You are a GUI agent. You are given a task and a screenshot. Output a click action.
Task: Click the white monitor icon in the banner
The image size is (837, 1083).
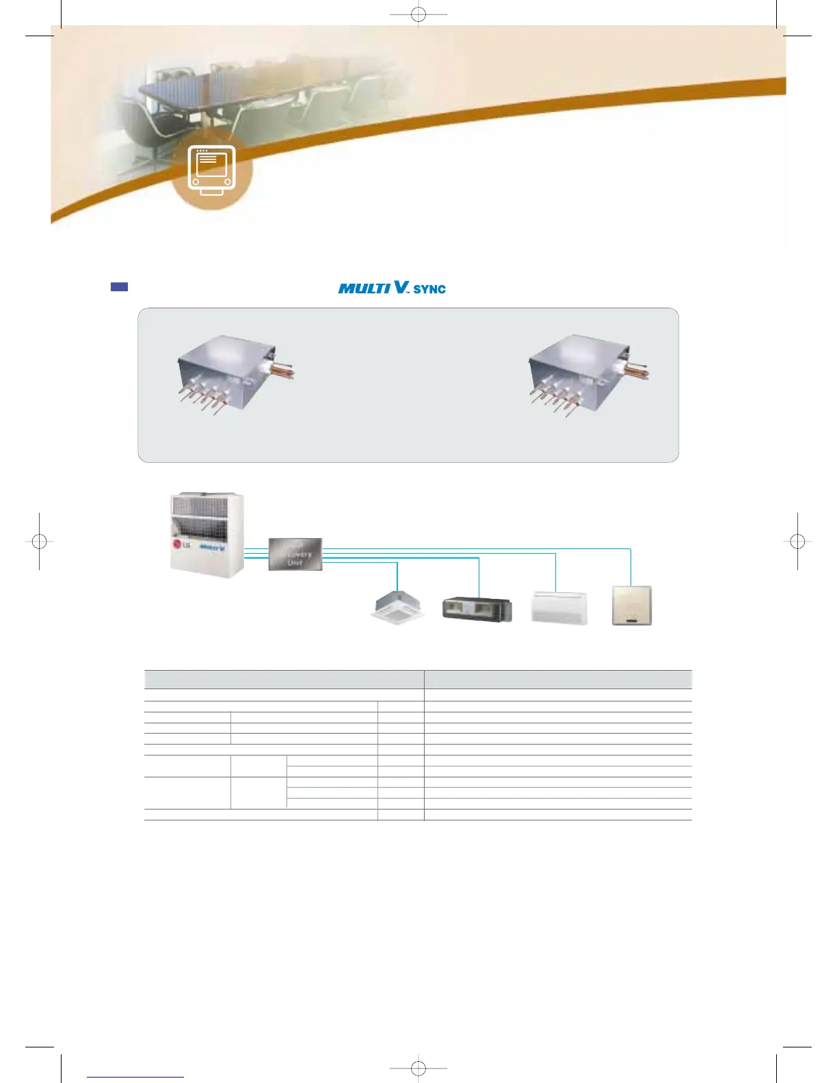coord(211,169)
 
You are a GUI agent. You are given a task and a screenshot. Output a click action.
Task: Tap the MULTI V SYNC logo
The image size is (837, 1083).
coord(392,288)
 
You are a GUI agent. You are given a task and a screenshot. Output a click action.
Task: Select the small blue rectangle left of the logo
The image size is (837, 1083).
coord(119,287)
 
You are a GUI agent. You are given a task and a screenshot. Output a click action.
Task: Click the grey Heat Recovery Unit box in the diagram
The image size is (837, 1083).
coord(295,554)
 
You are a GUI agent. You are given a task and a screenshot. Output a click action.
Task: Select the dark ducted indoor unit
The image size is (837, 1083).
coord(477,609)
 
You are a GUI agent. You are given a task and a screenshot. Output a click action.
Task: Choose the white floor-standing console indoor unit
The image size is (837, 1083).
coord(559,607)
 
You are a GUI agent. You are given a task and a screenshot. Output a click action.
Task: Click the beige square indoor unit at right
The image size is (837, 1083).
coord(631,605)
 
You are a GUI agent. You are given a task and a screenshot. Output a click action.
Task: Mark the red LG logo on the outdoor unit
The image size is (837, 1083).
coord(178,544)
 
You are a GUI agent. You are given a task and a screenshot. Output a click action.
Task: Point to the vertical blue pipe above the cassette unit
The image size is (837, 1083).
coord(397,576)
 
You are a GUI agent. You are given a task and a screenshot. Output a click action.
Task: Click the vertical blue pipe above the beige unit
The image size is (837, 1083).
coord(630,566)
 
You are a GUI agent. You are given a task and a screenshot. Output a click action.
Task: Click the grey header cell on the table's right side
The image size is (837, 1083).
coord(558,679)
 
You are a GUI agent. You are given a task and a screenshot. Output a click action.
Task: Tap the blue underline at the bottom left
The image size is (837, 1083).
coord(135,1077)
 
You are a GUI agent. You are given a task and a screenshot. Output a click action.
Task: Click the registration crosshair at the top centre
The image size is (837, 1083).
coord(418,14)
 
